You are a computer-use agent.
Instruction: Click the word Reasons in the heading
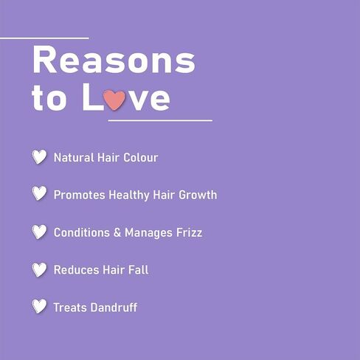pyautogui.click(x=114, y=60)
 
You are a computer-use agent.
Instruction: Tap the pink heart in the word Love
pyautogui.click(x=114, y=100)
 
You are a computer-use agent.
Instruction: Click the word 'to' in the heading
pyautogui.click(x=49, y=98)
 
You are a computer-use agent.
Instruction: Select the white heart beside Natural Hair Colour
pyautogui.click(x=39, y=156)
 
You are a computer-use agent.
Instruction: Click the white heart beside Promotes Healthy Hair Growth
pyautogui.click(x=39, y=193)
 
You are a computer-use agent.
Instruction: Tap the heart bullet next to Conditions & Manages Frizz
pyautogui.click(x=39, y=232)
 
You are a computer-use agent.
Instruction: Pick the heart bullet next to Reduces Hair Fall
pyautogui.click(x=39, y=270)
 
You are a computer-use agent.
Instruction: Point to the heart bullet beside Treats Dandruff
pyautogui.click(x=39, y=306)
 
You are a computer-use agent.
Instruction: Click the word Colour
pyautogui.click(x=141, y=158)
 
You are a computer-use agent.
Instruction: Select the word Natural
pyautogui.click(x=74, y=158)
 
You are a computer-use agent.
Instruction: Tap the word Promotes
pyautogui.click(x=80, y=195)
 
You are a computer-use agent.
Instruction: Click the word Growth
pyautogui.click(x=198, y=195)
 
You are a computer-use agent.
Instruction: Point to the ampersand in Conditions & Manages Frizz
pyautogui.click(x=117, y=232)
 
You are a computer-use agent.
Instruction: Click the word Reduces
pyautogui.click(x=76, y=270)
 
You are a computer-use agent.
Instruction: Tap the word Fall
pyautogui.click(x=139, y=270)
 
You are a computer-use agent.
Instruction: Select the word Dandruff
pyautogui.click(x=114, y=308)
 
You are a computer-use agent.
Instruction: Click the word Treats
pyautogui.click(x=70, y=308)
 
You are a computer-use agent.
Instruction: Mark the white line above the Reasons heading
pyautogui.click(x=44, y=38)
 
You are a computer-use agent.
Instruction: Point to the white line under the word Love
pyautogui.click(x=160, y=120)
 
